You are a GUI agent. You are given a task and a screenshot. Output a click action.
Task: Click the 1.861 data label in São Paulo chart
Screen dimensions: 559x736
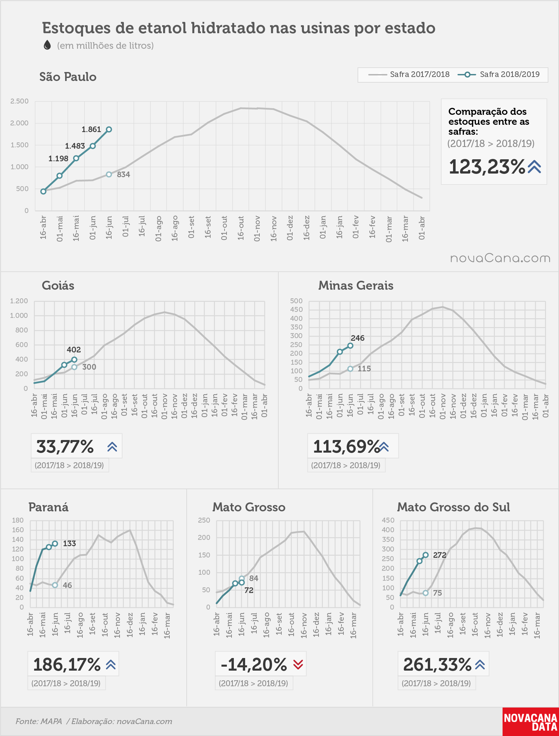point(91,129)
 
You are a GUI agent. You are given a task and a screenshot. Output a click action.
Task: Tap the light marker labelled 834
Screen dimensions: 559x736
point(109,174)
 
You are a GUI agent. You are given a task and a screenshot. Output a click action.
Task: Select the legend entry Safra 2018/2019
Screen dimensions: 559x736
point(499,75)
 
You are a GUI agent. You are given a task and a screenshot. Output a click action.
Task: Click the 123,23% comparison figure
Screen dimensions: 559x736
point(487,167)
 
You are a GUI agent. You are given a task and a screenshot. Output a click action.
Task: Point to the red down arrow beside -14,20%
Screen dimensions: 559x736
point(298,664)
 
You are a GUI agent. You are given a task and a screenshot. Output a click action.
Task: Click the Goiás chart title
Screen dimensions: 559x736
point(58,285)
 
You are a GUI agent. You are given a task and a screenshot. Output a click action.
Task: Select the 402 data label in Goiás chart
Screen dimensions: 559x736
point(74,350)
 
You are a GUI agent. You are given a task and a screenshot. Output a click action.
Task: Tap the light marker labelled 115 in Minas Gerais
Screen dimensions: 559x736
point(350,369)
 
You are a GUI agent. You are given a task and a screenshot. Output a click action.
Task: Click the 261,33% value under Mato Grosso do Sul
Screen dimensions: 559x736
point(437,664)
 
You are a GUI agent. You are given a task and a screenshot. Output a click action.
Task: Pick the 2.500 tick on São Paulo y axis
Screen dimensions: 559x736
point(19,101)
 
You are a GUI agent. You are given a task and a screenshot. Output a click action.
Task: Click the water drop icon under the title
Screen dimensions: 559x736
point(47,45)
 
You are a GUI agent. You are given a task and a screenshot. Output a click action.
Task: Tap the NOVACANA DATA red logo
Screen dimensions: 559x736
point(530,721)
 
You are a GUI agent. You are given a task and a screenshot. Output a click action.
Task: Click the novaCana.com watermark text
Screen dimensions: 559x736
point(500,258)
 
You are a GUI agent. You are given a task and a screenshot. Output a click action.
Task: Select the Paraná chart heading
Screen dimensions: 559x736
point(48,507)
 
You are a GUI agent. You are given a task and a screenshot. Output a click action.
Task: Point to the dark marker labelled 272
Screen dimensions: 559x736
point(425,555)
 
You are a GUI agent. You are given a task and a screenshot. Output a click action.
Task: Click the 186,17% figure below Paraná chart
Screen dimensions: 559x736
point(67,664)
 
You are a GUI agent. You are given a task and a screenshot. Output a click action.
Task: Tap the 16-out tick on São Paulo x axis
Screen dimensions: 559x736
point(240,228)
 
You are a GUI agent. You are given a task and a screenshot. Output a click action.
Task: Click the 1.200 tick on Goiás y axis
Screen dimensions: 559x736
point(19,301)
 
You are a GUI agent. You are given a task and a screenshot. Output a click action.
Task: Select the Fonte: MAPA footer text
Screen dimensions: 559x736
point(39,721)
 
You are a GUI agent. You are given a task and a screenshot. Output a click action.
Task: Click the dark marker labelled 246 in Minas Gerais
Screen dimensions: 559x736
point(350,346)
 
